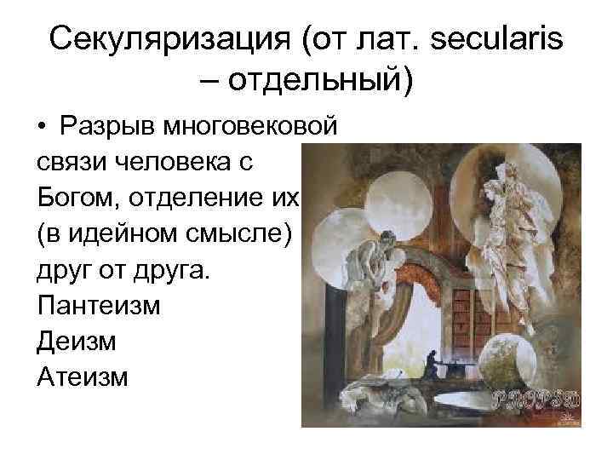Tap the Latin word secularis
pos(485,38)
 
